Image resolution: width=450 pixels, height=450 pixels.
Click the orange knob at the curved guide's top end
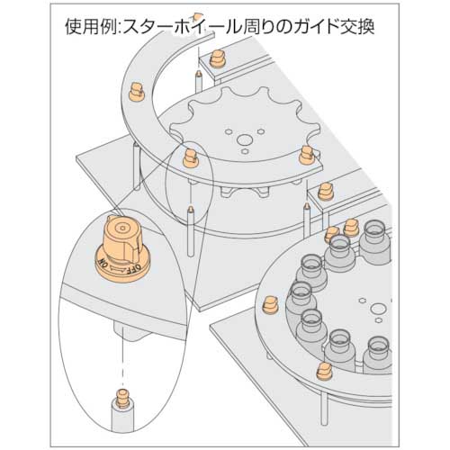pos(216,62)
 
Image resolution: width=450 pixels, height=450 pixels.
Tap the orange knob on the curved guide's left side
pos(135,90)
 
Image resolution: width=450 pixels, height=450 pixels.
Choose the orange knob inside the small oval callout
pos(190,157)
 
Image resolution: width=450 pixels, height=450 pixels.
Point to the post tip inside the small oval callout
pos(191,208)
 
